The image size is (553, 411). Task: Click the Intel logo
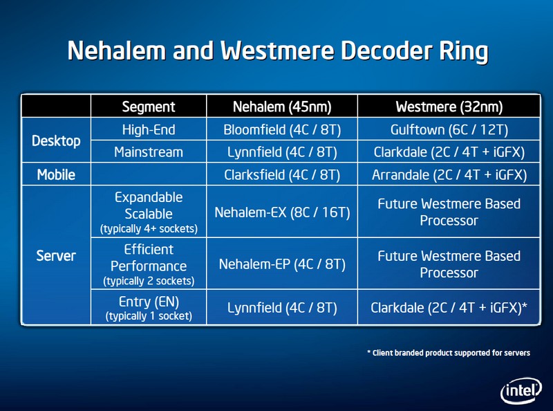tap(521, 390)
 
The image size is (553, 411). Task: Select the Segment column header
tap(149, 107)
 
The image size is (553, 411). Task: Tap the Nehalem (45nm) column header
tap(282, 107)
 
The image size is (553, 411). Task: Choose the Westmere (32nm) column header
tap(449, 107)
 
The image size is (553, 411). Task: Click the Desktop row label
tap(56, 140)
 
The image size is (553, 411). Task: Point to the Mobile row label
tap(56, 174)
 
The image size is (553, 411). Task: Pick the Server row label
tap(56, 255)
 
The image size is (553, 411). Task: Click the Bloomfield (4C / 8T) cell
tap(282, 129)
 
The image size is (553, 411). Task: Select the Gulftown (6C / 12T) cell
tap(449, 129)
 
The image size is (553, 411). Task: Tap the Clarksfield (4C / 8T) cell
tap(282, 175)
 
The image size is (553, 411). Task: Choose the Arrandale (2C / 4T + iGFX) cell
tap(449, 175)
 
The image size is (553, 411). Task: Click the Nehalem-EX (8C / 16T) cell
tap(282, 212)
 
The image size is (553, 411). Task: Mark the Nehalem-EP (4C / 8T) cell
tap(282, 264)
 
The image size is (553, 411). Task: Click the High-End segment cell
tap(149, 129)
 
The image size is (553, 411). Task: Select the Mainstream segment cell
tap(149, 152)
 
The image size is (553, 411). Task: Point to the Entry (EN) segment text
tap(149, 302)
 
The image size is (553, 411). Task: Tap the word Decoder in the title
tap(386, 50)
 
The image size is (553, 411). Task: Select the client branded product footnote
tap(449, 353)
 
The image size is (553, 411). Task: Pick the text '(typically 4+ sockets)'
tap(149, 229)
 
